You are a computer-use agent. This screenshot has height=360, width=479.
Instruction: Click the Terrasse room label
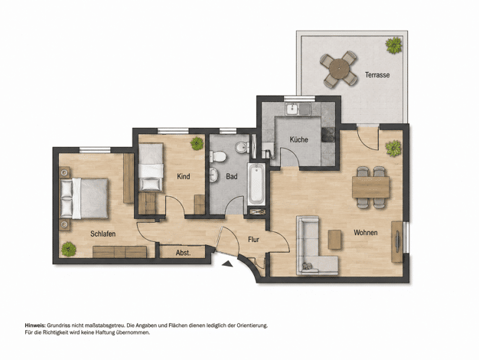pyautogui.click(x=377, y=74)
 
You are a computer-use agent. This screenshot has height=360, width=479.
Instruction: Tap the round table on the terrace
pyautogui.click(x=339, y=68)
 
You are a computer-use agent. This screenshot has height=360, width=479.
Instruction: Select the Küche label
pyautogui.click(x=298, y=139)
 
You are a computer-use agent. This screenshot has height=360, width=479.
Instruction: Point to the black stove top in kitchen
pyautogui.click(x=328, y=135)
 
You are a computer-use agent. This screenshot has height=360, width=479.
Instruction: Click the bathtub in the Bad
pyautogui.click(x=256, y=184)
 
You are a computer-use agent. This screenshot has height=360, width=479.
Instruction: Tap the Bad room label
pyautogui.click(x=232, y=176)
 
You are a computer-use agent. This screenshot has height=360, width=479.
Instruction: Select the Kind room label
pyautogui.click(x=184, y=176)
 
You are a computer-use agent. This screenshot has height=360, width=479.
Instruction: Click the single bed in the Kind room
pyautogui.click(x=151, y=167)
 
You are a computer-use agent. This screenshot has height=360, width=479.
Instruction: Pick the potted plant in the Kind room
pyautogui.click(x=197, y=143)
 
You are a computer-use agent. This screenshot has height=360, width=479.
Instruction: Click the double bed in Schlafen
pyautogui.click(x=84, y=198)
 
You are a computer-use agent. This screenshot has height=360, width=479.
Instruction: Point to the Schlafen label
pyautogui.click(x=103, y=234)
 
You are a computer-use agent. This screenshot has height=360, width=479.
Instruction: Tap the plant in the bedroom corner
pyautogui.click(x=68, y=249)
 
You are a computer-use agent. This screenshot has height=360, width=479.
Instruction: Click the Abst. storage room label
pyautogui.click(x=184, y=253)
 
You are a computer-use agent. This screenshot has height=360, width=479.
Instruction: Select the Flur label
pyautogui.click(x=253, y=240)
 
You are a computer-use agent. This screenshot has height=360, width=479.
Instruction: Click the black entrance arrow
pyautogui.click(x=227, y=264)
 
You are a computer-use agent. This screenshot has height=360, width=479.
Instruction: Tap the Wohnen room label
pyautogui.click(x=366, y=233)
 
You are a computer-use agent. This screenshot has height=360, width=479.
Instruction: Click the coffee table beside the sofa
pyautogui.click(x=335, y=240)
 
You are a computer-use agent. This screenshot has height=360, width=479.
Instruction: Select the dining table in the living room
pyautogui.click(x=371, y=187)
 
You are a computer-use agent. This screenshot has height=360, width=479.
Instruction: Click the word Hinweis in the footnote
pyautogui.click(x=35, y=326)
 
